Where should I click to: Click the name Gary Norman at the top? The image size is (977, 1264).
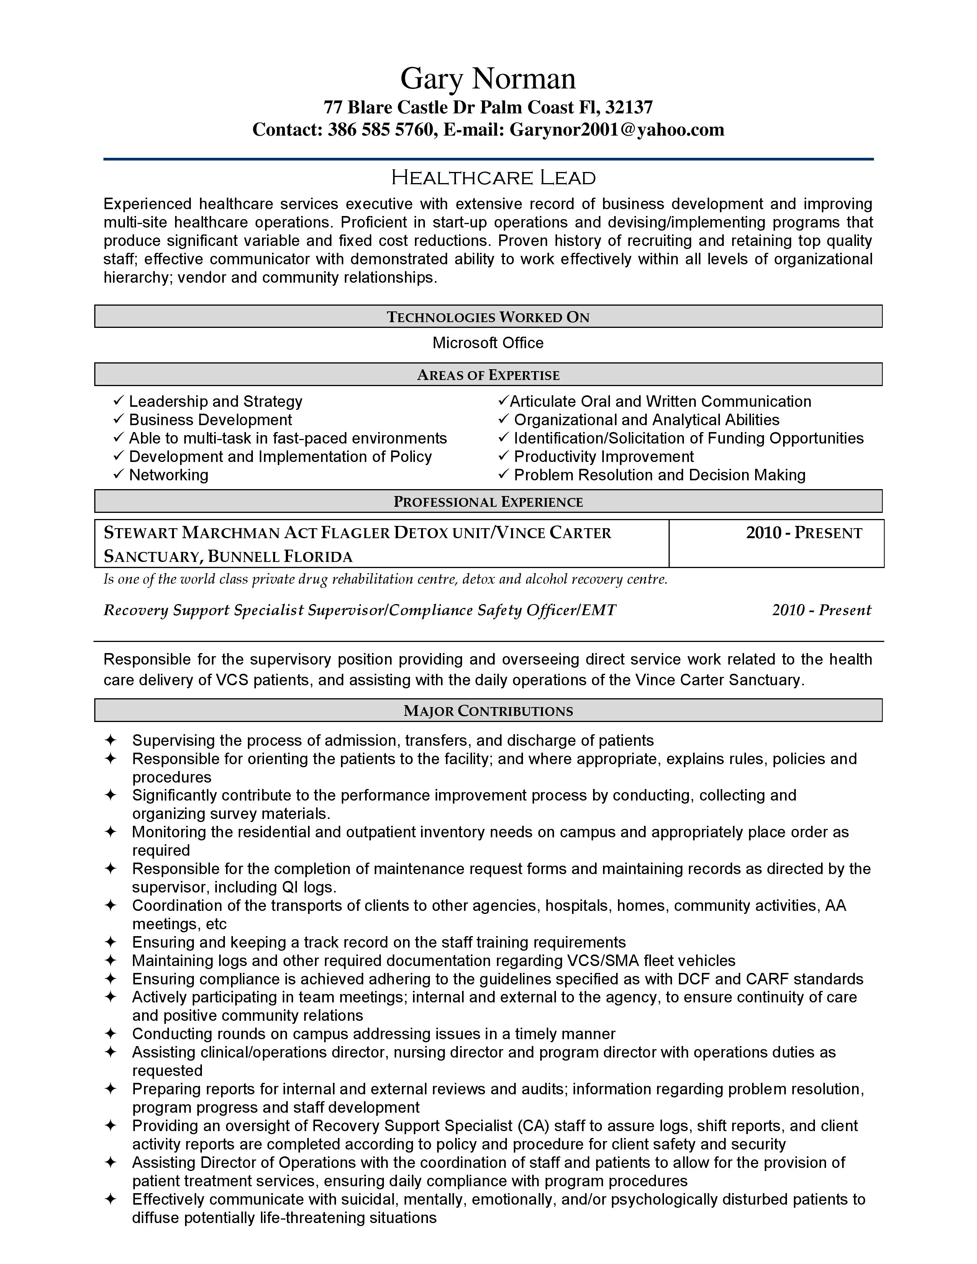click(x=488, y=79)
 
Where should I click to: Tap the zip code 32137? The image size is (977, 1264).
click(x=629, y=108)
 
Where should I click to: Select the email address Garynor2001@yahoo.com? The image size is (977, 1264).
click(x=616, y=129)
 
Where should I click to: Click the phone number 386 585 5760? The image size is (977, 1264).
click(x=380, y=129)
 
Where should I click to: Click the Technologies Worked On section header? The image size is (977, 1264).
click(x=488, y=317)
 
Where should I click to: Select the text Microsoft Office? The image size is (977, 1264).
click(x=488, y=343)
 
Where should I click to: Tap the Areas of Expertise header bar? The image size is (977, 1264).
click(x=488, y=375)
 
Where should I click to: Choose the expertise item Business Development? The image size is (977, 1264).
click(x=210, y=420)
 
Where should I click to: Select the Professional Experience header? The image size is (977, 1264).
click(x=488, y=502)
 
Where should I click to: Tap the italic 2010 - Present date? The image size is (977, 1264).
click(x=821, y=610)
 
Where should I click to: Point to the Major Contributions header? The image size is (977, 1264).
click(x=488, y=711)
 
